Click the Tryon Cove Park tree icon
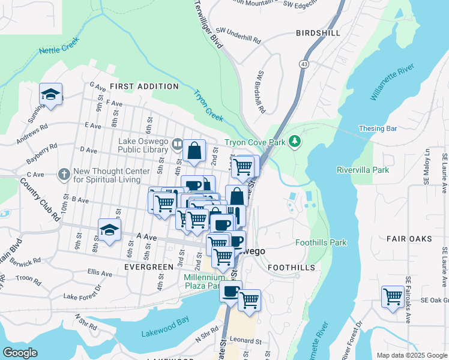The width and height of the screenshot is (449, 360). tap(294, 142)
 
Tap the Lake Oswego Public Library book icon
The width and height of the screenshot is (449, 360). tap(177, 143)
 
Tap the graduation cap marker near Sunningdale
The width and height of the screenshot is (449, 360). tap(51, 94)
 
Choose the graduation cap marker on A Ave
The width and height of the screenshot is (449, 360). tap(110, 230)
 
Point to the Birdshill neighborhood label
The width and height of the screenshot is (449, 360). tap(318, 33)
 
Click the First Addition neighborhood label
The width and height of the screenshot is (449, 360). tap(144, 86)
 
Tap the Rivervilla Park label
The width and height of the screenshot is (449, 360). tap(363, 170)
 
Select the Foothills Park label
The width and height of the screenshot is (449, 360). tap(321, 243)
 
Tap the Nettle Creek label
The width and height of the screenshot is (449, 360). tap(59, 51)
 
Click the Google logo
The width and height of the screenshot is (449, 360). tap(20, 353)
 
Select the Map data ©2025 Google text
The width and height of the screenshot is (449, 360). tap(411, 355)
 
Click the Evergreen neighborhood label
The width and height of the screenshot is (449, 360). tap(145, 265)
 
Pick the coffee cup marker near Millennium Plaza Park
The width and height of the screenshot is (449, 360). tap(229, 291)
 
